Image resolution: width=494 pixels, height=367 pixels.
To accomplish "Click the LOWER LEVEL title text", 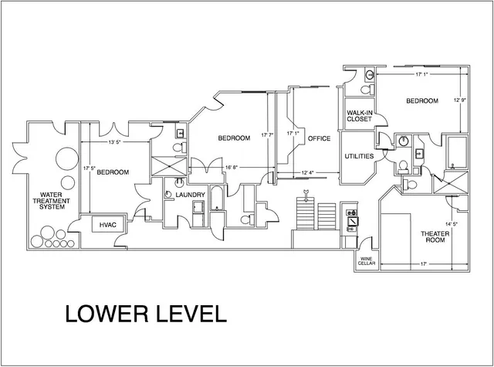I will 144,314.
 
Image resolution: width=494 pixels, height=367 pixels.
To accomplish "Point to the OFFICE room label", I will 319,139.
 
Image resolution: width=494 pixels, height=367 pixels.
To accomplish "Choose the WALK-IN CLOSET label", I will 360,117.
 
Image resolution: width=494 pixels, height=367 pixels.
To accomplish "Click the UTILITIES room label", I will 359,156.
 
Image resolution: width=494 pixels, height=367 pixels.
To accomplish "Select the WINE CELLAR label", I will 366,263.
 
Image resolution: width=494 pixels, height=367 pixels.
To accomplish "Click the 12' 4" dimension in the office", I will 308,172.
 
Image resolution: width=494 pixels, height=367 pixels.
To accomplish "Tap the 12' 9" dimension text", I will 460,100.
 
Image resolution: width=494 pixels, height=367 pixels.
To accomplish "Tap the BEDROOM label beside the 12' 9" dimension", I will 422,101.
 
